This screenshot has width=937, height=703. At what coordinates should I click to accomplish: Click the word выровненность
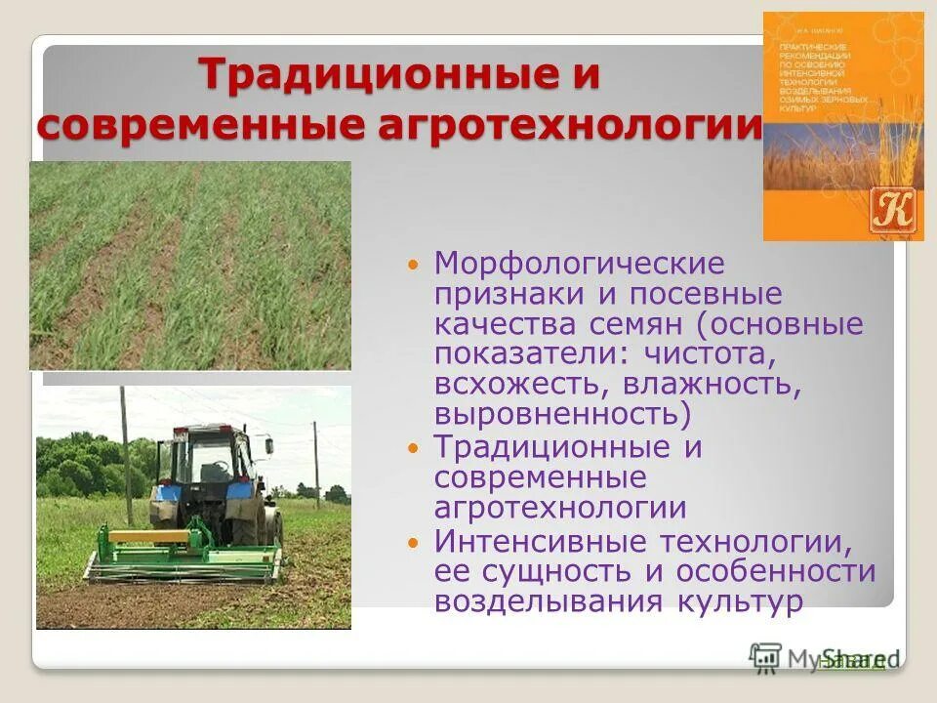click(x=562, y=414)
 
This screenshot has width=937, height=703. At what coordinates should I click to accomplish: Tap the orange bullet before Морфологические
click(x=413, y=265)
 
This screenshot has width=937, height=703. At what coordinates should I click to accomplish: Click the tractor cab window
click(x=206, y=459)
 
